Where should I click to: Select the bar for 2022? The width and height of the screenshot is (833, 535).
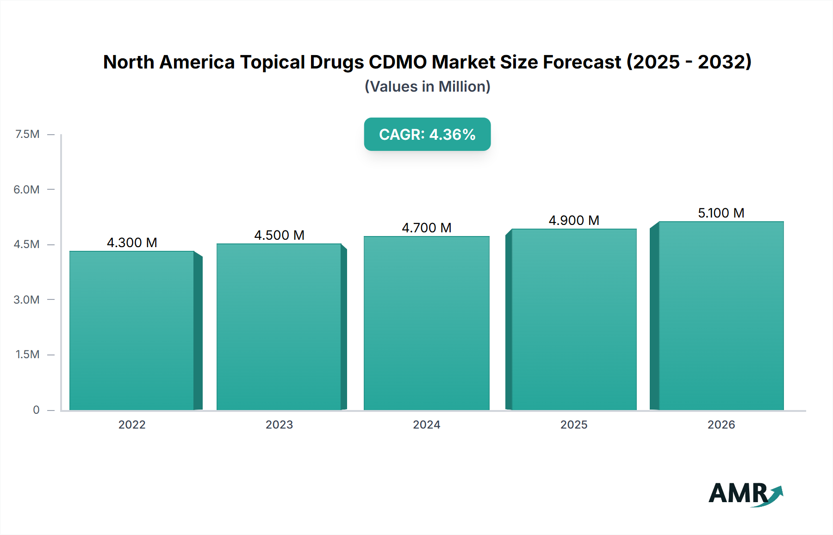[132, 330]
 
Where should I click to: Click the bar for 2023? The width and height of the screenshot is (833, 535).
[279, 327]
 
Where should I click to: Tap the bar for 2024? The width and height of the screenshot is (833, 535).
[426, 323]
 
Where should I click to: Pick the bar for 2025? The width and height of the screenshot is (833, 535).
[574, 319]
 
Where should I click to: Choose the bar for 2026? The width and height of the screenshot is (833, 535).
[721, 316]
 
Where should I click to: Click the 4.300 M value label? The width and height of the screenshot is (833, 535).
[132, 243]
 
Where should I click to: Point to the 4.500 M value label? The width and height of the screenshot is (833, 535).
[279, 235]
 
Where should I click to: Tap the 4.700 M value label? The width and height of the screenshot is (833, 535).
[426, 228]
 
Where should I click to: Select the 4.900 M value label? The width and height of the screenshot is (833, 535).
[574, 220]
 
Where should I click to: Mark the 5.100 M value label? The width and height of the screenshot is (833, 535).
[721, 213]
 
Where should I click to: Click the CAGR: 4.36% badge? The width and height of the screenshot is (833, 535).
[427, 134]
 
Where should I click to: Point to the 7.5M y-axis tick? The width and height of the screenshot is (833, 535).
[27, 134]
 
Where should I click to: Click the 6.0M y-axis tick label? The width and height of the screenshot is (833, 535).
[26, 189]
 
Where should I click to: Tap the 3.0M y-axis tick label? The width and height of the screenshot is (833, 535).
[26, 299]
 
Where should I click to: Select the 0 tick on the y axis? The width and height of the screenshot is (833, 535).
[36, 410]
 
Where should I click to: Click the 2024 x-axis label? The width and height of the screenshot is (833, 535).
[426, 424]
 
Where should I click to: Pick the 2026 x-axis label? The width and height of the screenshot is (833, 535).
[721, 424]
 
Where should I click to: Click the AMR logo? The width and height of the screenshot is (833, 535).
[745, 493]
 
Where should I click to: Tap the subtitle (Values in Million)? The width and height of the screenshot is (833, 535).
[427, 87]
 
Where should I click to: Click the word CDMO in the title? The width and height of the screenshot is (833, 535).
[398, 62]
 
